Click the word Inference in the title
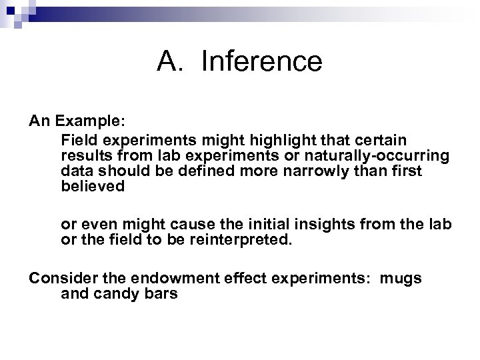pos(261,61)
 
